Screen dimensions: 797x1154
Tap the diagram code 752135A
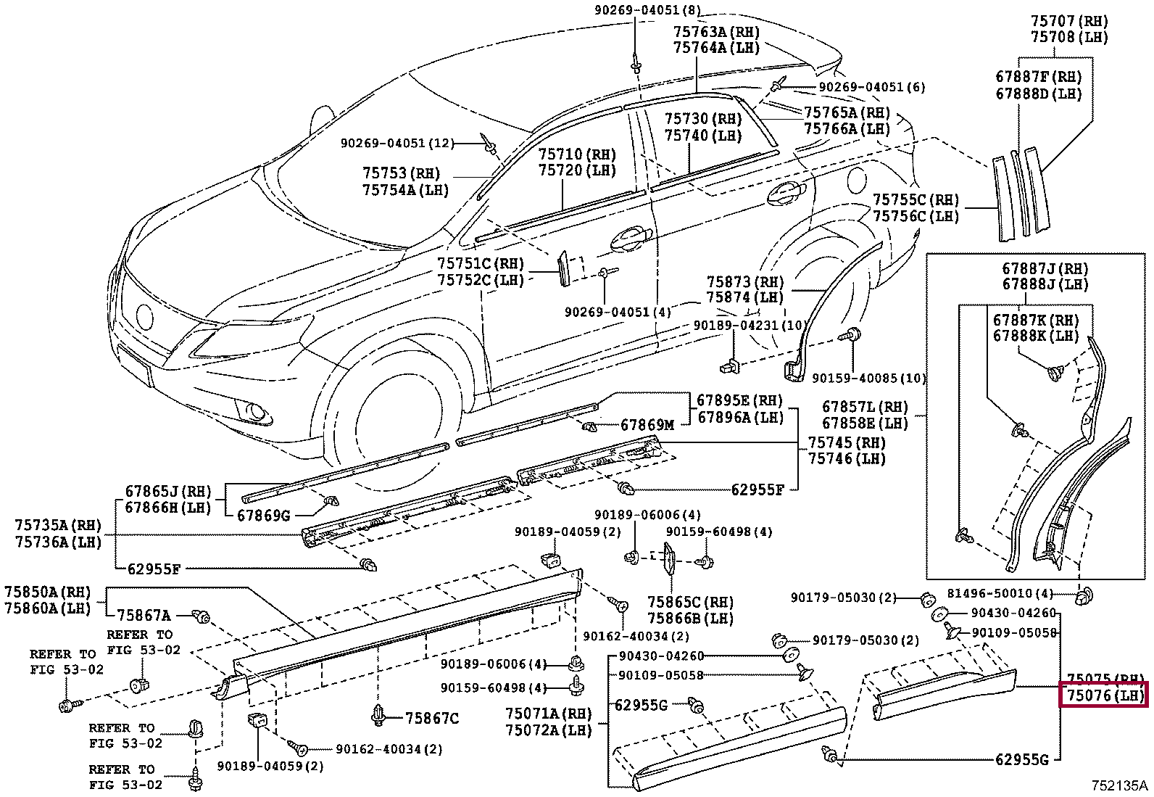click(1121, 785)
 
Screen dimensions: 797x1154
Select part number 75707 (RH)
click(1069, 20)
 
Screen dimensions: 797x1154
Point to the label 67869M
click(647, 425)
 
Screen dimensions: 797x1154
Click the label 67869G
click(264, 516)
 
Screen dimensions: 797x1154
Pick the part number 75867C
click(432, 719)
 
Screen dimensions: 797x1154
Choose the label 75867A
click(144, 616)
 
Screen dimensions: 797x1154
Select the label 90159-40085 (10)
click(869, 378)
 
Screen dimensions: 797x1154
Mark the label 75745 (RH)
click(847, 442)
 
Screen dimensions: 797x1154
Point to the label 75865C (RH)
click(690, 602)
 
